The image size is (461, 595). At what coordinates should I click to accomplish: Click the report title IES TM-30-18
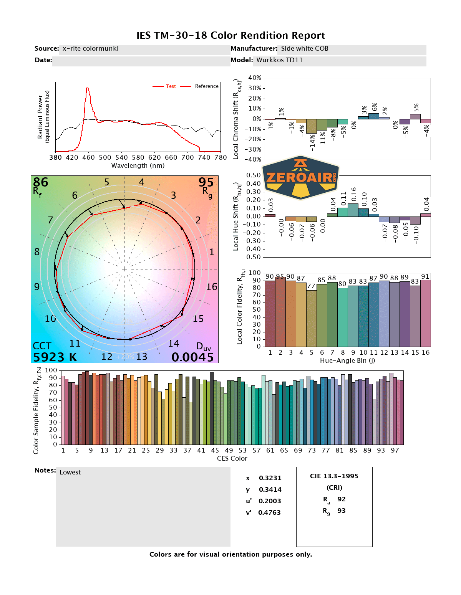tap(230, 36)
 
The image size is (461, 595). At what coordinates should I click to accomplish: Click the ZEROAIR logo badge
tap(300, 178)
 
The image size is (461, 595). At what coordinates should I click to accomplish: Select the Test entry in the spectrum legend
tap(171, 86)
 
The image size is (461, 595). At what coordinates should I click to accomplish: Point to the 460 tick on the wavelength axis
tap(88, 157)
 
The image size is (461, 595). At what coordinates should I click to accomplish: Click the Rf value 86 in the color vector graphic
tap(41, 182)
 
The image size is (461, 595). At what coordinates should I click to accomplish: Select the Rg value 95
tap(206, 182)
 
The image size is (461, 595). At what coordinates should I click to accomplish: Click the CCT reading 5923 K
tap(55, 357)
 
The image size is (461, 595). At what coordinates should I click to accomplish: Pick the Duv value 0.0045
tap(192, 357)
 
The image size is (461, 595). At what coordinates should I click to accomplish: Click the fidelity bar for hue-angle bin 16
tap(426, 313)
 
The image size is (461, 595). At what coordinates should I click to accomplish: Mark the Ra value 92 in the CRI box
tap(341, 499)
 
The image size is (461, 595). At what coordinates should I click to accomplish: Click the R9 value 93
tap(341, 511)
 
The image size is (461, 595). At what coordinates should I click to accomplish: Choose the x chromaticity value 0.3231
tap(270, 478)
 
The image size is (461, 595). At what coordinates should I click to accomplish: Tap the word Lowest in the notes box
tap(70, 473)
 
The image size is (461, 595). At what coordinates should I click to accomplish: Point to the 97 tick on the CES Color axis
tap(395, 451)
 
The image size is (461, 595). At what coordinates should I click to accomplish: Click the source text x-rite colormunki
tap(90, 49)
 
